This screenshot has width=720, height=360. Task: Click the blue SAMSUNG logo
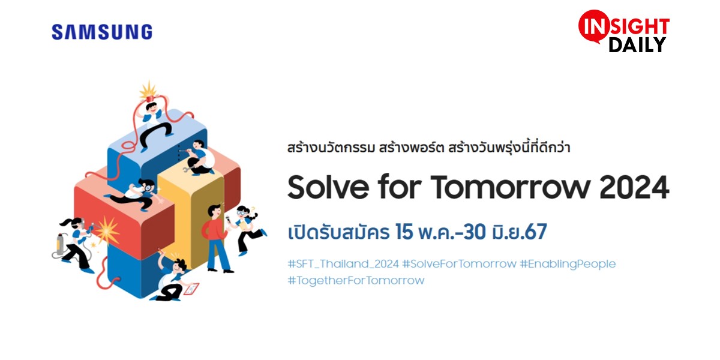(102, 32)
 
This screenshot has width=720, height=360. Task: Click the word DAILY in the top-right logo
(637, 45)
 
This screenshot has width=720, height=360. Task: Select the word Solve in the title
(328, 187)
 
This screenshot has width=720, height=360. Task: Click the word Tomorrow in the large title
(511, 187)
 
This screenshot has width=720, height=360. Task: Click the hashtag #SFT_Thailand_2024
(343, 264)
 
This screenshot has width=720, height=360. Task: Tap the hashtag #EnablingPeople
(568, 264)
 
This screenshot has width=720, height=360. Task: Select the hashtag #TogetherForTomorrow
(356, 281)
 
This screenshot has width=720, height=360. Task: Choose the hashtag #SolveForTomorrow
(459, 264)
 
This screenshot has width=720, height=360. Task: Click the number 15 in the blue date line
(404, 232)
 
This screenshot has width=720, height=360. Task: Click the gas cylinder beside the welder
(59, 244)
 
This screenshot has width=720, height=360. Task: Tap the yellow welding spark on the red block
(107, 230)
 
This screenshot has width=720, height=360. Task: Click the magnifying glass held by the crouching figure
(148, 188)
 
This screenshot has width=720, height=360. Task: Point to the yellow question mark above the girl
(253, 209)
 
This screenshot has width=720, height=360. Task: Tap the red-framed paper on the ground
(191, 289)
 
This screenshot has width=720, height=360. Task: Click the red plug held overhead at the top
(150, 98)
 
